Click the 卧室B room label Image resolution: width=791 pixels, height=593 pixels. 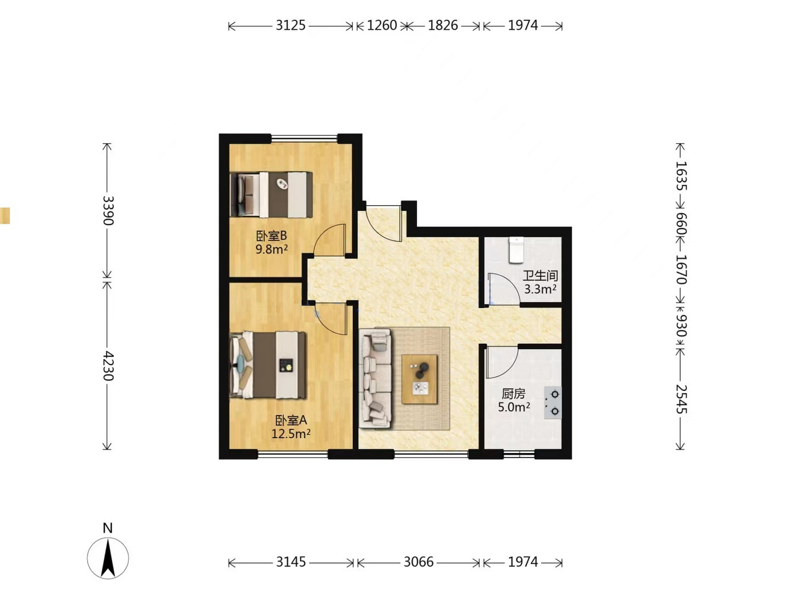pyautogui.click(x=272, y=236)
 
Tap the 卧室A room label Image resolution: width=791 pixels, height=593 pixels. pyautogui.click(x=291, y=420)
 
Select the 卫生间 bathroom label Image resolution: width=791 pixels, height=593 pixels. pyautogui.click(x=540, y=276)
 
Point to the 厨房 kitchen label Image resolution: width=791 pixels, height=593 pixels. pyautogui.click(x=513, y=394)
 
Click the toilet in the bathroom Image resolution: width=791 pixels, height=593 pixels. pyautogui.click(x=516, y=250)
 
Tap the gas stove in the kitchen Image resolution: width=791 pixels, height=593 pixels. pyautogui.click(x=553, y=403)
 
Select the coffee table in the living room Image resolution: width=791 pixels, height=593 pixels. pyautogui.click(x=419, y=379)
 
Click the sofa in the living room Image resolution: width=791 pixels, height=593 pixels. pyautogui.click(x=375, y=378)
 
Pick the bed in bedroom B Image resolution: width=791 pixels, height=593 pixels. pyautogui.click(x=272, y=195)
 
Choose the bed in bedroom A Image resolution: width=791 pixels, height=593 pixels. pyautogui.click(x=268, y=365)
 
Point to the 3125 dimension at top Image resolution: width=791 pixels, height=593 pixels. pyautogui.click(x=291, y=25)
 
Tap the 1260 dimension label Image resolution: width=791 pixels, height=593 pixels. pyautogui.click(x=382, y=25)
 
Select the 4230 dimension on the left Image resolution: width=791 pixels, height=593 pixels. pyautogui.click(x=108, y=366)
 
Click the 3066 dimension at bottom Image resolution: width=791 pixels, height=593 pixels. pyautogui.click(x=418, y=562)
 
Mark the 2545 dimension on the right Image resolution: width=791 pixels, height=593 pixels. pyautogui.click(x=680, y=399)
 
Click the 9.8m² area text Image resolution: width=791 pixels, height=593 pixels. pyautogui.click(x=272, y=249)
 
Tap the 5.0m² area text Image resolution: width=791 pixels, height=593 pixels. pyautogui.click(x=514, y=407)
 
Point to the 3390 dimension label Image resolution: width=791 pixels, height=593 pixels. pyautogui.click(x=108, y=210)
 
